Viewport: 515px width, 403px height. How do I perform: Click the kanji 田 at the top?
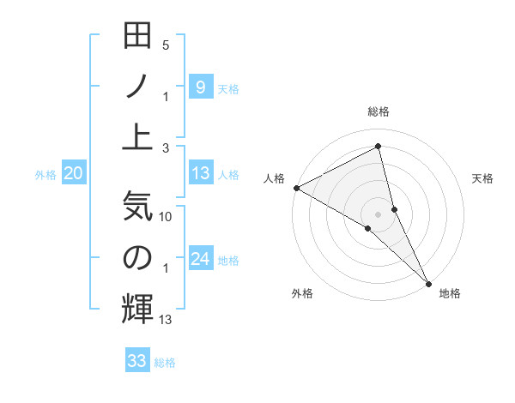[137, 37]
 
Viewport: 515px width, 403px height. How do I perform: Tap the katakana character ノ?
[137, 86]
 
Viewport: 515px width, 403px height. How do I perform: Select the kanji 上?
[137, 135]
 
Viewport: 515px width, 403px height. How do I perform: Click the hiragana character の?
[137, 257]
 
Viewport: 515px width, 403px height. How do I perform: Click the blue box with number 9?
[200, 87]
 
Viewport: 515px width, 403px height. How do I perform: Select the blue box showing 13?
[200, 174]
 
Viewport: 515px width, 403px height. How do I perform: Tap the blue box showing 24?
[200, 260]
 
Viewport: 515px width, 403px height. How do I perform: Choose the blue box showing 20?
[73, 174]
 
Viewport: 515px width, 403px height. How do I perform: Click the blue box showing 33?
[137, 361]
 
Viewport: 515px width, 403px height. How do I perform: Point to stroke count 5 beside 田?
[166, 45]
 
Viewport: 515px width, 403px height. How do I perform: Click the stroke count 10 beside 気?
[167, 218]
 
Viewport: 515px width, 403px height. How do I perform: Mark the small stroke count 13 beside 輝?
[167, 320]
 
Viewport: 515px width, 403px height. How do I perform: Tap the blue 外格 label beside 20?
[45, 175]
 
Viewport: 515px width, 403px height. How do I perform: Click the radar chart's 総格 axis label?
[379, 111]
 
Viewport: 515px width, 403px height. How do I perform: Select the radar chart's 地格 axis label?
[450, 294]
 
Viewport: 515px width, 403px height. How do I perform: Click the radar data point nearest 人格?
[296, 188]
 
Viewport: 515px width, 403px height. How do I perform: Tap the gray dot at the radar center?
[379, 213]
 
